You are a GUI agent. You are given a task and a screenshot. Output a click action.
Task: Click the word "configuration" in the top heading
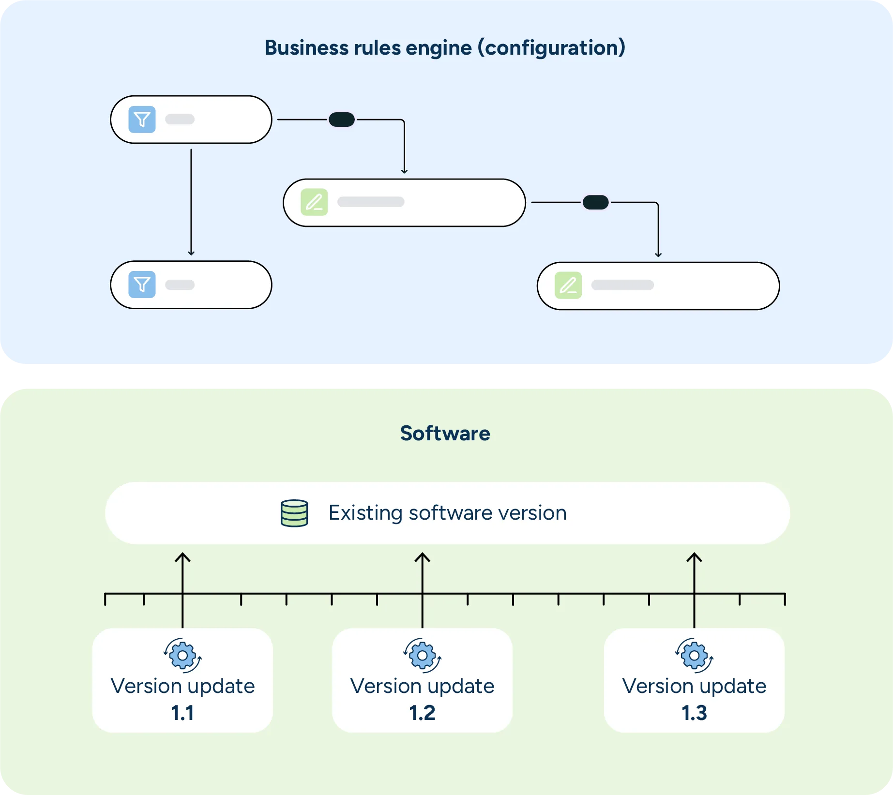tap(551, 48)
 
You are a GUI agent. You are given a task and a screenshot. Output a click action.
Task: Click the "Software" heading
tap(445, 433)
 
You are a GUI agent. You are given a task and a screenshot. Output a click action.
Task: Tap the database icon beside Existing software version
tap(294, 513)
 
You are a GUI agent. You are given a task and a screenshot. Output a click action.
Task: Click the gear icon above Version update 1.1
tap(182, 656)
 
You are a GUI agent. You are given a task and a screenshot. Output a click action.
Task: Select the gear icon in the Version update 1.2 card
tap(422, 656)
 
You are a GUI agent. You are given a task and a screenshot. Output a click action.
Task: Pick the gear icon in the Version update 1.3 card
tap(694, 656)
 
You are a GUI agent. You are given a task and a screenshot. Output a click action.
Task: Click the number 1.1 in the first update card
tap(182, 713)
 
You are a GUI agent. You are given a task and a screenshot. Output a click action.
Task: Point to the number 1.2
tap(422, 713)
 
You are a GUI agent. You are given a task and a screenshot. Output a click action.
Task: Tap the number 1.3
tap(694, 713)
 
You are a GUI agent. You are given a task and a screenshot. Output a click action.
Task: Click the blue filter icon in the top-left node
tap(142, 120)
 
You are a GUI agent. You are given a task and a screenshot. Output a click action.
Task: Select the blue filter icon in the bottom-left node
tap(142, 285)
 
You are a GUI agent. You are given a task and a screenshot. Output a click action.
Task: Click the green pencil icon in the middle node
tap(314, 202)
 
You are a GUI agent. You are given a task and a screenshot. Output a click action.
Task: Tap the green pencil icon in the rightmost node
tap(568, 285)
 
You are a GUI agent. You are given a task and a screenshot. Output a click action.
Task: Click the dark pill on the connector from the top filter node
tap(342, 120)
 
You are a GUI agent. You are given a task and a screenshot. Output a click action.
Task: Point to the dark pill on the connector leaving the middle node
tap(595, 202)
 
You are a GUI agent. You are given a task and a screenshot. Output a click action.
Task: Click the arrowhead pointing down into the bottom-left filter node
tap(191, 252)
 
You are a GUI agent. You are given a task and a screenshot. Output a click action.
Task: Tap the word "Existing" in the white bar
tap(365, 513)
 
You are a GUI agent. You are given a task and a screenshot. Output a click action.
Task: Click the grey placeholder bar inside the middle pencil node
tap(371, 202)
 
